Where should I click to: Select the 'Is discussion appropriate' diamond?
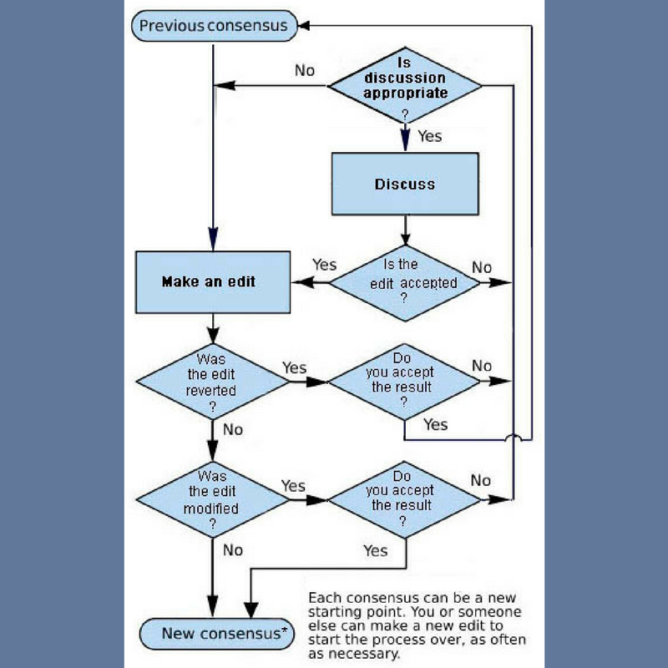click(x=405, y=85)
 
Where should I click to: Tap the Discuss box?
click(x=405, y=184)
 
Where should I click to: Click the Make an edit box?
click(x=212, y=282)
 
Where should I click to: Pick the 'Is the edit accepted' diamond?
click(x=405, y=282)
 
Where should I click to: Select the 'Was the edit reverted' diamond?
click(x=212, y=382)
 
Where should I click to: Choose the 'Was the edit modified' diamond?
click(x=212, y=499)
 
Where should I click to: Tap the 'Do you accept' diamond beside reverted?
click(x=404, y=382)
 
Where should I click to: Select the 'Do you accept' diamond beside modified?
click(x=404, y=499)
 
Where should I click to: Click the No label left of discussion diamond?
click(x=305, y=70)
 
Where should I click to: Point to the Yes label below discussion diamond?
click(x=429, y=135)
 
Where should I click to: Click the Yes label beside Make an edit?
click(x=324, y=265)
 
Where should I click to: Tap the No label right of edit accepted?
click(x=483, y=267)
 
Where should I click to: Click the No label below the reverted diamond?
click(x=233, y=429)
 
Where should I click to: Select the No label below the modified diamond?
click(x=233, y=549)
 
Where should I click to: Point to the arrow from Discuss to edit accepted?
click(x=405, y=230)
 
